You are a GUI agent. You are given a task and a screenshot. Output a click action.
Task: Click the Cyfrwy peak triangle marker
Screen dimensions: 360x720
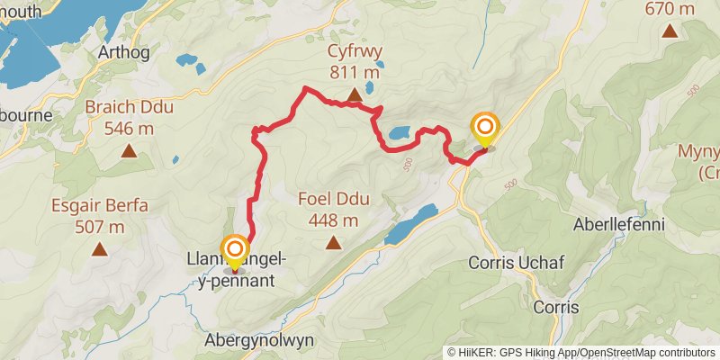tap(355, 94)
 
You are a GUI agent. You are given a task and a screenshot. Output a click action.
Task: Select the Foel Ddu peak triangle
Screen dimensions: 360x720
tap(334, 242)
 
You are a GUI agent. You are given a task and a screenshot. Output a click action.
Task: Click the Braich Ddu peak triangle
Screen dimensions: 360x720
tap(130, 151)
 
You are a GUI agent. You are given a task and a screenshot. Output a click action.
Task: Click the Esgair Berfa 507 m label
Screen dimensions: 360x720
tap(99, 216)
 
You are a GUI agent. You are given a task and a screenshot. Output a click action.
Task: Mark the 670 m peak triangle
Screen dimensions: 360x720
tap(670, 32)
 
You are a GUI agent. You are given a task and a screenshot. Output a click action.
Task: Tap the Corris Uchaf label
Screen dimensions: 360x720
tap(509, 263)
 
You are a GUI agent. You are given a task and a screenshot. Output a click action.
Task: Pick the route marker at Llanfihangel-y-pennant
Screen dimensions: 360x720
tap(236, 248)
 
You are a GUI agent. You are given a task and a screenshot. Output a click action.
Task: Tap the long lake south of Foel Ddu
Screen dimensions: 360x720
tap(410, 223)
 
